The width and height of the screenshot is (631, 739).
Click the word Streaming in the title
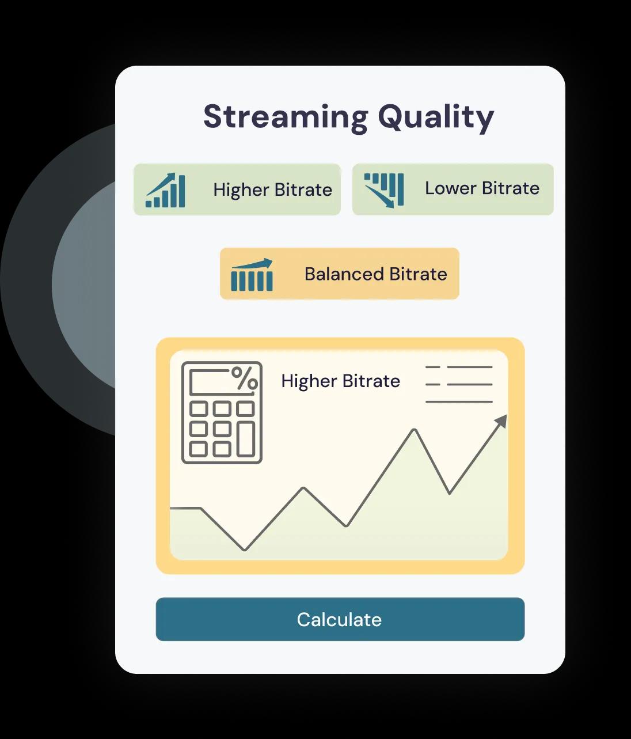[x=286, y=118]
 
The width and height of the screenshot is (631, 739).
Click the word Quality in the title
[x=436, y=118]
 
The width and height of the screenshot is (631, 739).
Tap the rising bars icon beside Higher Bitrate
[x=165, y=190]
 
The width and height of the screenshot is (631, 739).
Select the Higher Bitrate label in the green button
[x=273, y=190]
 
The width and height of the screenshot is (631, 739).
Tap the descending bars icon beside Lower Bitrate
[x=384, y=190]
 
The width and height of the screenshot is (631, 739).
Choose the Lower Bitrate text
[x=482, y=188]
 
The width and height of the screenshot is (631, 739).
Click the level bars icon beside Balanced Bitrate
[x=252, y=275]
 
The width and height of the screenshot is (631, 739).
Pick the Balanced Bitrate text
[x=375, y=274]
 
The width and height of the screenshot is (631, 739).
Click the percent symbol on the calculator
[x=245, y=378]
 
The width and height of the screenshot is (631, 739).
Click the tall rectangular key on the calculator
[x=246, y=439]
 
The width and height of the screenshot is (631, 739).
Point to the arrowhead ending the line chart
[x=501, y=421]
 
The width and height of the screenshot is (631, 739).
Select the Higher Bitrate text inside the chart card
[x=340, y=381]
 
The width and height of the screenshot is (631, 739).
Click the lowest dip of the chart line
[x=245, y=549]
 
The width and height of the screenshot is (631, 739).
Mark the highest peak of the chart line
[x=415, y=430]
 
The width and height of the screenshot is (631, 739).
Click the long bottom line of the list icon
[x=459, y=402]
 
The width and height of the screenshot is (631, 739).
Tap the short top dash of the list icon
[x=433, y=367]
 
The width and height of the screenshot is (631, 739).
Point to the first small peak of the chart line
[x=304, y=488]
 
